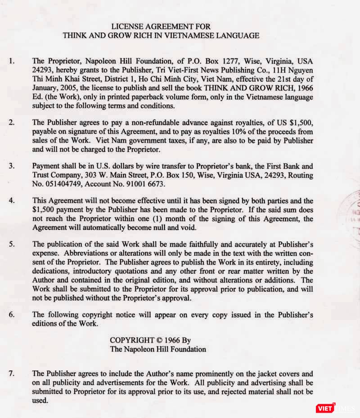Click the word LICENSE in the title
coord(126,27)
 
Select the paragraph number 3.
coord(12,166)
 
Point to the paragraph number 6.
coord(12,315)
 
